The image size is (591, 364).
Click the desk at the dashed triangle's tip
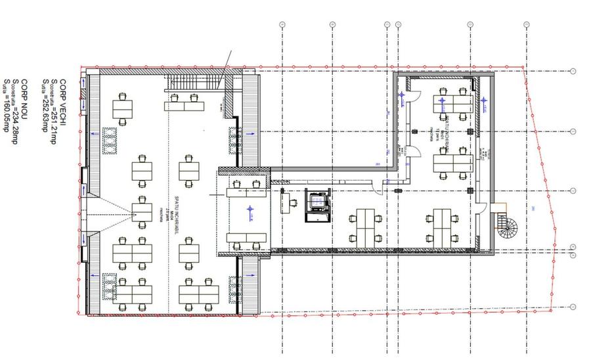tap(141, 212)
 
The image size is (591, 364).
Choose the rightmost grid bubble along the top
tap(526, 24)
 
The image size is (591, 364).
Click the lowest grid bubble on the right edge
tap(573, 306)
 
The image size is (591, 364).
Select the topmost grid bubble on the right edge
tap(573, 71)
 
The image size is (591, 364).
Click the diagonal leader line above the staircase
tap(223, 69)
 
